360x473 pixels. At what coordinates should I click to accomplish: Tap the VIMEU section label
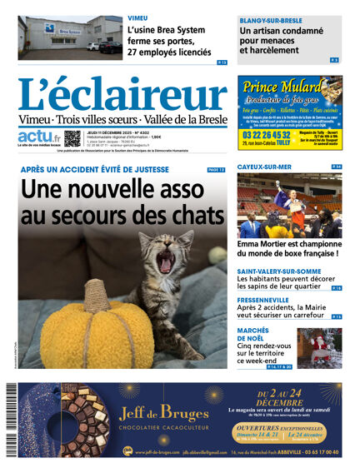pyautogui.click(x=138, y=17)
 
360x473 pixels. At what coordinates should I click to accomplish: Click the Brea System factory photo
pyautogui.click(x=69, y=37)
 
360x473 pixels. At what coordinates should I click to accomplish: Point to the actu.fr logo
pyautogui.click(x=38, y=137)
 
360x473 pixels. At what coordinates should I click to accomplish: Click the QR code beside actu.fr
pyautogui.click(x=73, y=138)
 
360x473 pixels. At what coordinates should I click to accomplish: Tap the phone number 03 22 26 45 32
pyautogui.click(x=267, y=135)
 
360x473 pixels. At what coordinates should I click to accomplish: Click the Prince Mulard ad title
pyautogui.click(x=282, y=86)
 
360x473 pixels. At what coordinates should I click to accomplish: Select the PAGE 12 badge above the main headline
pyautogui.click(x=216, y=170)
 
